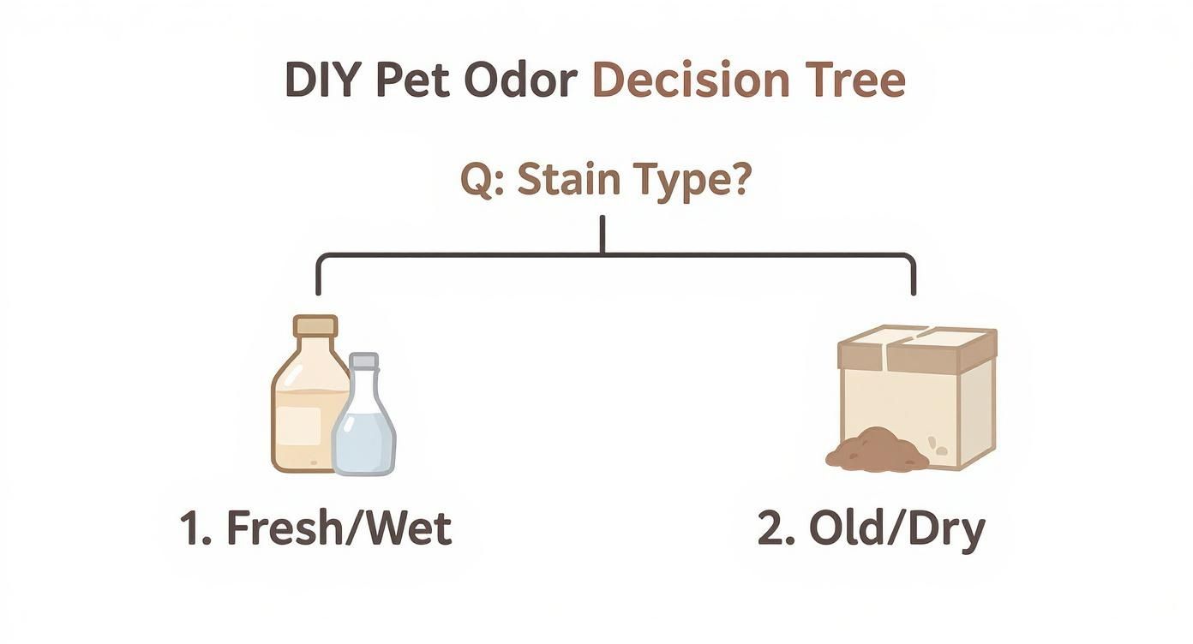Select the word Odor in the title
522,80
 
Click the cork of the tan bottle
315,326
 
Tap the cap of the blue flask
363,361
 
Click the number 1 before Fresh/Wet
195,529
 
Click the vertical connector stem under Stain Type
602,234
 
